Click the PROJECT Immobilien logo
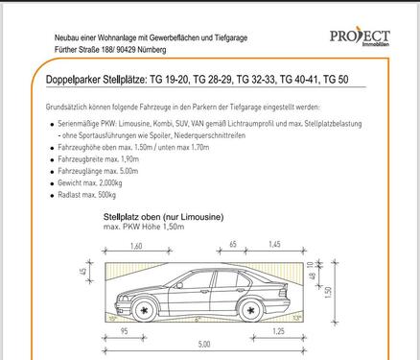click(360, 37)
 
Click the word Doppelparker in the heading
click(73, 80)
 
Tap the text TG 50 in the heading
click(336, 79)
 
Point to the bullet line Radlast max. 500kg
click(86, 195)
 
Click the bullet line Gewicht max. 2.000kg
click(90, 183)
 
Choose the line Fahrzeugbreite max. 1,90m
click(98, 159)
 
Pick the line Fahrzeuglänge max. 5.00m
click(98, 171)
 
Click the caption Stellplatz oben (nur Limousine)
click(163, 217)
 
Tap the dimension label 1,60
click(136, 246)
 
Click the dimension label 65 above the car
click(233, 244)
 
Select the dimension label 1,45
click(274, 244)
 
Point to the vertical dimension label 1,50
click(328, 293)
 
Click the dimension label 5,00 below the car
click(204, 345)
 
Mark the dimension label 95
click(125, 331)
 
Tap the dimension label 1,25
click(278, 331)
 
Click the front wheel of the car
click(145, 310)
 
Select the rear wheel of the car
click(251, 310)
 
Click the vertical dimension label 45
click(82, 272)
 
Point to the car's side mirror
click(179, 285)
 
